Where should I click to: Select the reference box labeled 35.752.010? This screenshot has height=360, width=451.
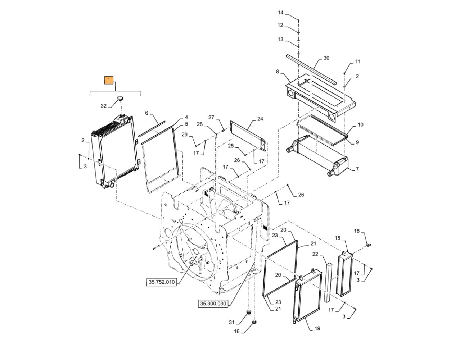click(162, 282)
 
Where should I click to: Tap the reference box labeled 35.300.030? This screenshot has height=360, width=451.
click(213, 304)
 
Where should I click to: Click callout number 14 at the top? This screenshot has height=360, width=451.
click(281, 13)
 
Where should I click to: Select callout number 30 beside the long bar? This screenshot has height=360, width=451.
click(326, 58)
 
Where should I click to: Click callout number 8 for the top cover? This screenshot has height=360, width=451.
click(278, 72)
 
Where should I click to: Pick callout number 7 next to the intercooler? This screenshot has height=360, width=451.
click(357, 169)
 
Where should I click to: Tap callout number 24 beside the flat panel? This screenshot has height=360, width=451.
click(260, 119)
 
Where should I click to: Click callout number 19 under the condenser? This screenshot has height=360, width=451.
click(317, 328)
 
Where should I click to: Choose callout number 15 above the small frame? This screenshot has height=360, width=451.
click(338, 238)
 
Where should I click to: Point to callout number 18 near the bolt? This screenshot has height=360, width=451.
click(357, 231)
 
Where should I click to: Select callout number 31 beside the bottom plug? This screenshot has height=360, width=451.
click(232, 322)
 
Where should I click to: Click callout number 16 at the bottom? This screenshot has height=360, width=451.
click(236, 331)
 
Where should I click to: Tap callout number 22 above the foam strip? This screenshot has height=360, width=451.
click(315, 254)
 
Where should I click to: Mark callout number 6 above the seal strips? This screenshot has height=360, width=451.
click(146, 113)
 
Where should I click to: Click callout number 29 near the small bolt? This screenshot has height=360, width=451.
click(184, 135)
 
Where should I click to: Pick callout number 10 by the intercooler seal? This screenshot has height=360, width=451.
click(360, 125)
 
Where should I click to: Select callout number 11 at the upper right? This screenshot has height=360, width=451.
click(358, 61)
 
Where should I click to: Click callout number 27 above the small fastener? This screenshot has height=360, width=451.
click(211, 117)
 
